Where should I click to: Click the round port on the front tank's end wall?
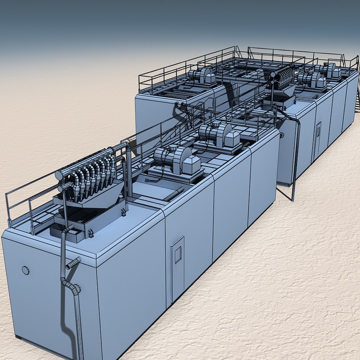tap(26, 270)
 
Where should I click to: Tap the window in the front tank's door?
tap(178, 255)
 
